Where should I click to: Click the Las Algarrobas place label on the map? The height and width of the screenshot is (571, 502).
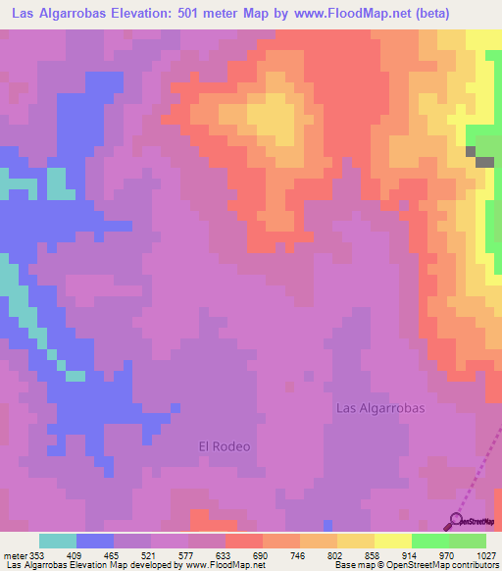[380, 408]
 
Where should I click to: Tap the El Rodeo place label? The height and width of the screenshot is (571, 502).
[225, 446]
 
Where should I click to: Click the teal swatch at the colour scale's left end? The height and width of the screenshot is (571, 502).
[58, 541]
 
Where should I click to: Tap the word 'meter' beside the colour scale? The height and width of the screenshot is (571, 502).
[15, 555]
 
